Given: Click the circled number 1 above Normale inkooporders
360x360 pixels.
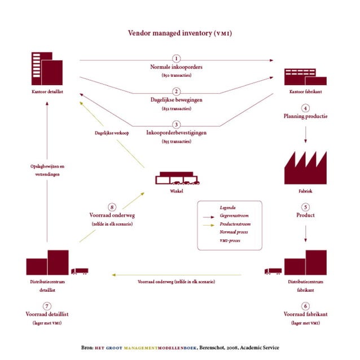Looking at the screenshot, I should pos(177,58).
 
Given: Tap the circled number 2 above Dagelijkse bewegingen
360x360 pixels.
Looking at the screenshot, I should pos(177,91).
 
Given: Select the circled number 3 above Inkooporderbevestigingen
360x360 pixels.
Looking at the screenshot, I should pos(177,124).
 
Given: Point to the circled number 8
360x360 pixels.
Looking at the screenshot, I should pos(112,207).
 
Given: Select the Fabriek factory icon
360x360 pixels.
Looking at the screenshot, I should pos(305,167).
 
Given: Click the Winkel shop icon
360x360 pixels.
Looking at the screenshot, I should pos(177,178).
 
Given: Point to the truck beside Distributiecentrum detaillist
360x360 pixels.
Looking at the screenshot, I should pos(80,271).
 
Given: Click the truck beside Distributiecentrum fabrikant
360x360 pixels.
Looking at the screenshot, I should pos(273,271).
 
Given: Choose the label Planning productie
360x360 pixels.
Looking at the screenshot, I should pos(305,116).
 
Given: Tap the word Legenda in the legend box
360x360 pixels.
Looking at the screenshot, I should pos(228,208).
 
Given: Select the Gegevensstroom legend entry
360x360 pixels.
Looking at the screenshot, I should pos(235,216).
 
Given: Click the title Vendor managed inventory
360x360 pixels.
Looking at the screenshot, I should pos(179,33).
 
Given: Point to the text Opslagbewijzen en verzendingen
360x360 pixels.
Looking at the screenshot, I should pos(47,171).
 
